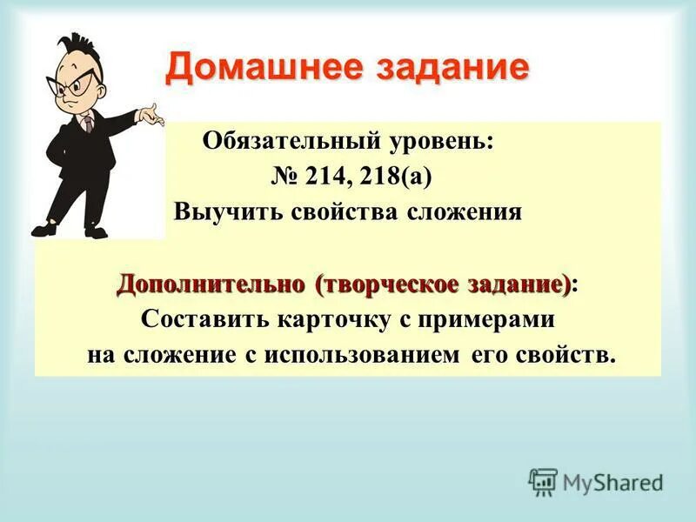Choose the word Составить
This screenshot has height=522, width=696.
pyautogui.click(x=205, y=319)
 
